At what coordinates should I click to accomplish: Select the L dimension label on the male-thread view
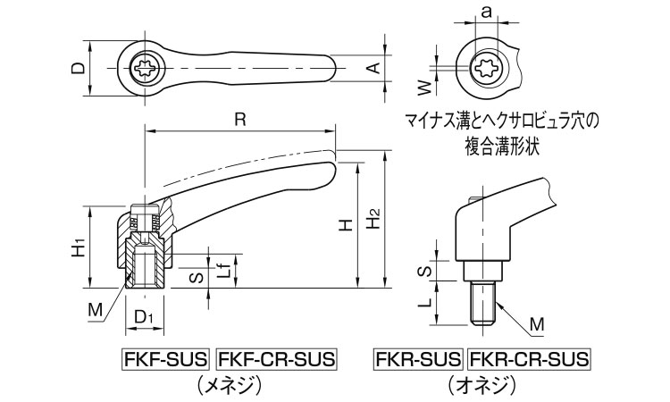click(426, 304)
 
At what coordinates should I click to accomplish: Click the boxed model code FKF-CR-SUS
click(277, 360)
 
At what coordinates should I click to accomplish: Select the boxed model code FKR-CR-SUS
click(530, 360)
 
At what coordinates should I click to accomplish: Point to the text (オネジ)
click(481, 385)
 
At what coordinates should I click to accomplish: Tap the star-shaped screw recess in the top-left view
click(144, 68)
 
